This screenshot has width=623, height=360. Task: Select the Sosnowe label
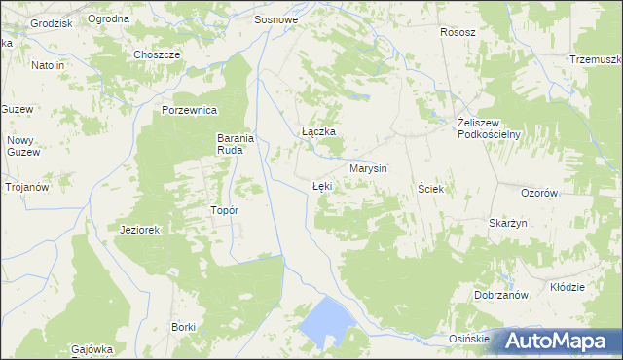275,18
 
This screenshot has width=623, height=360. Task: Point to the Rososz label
458,32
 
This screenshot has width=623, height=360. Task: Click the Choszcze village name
159,54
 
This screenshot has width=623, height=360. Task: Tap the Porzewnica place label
189,110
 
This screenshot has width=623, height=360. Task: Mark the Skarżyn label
508,223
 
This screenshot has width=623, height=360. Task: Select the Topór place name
225,209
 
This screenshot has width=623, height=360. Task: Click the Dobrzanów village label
500,295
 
